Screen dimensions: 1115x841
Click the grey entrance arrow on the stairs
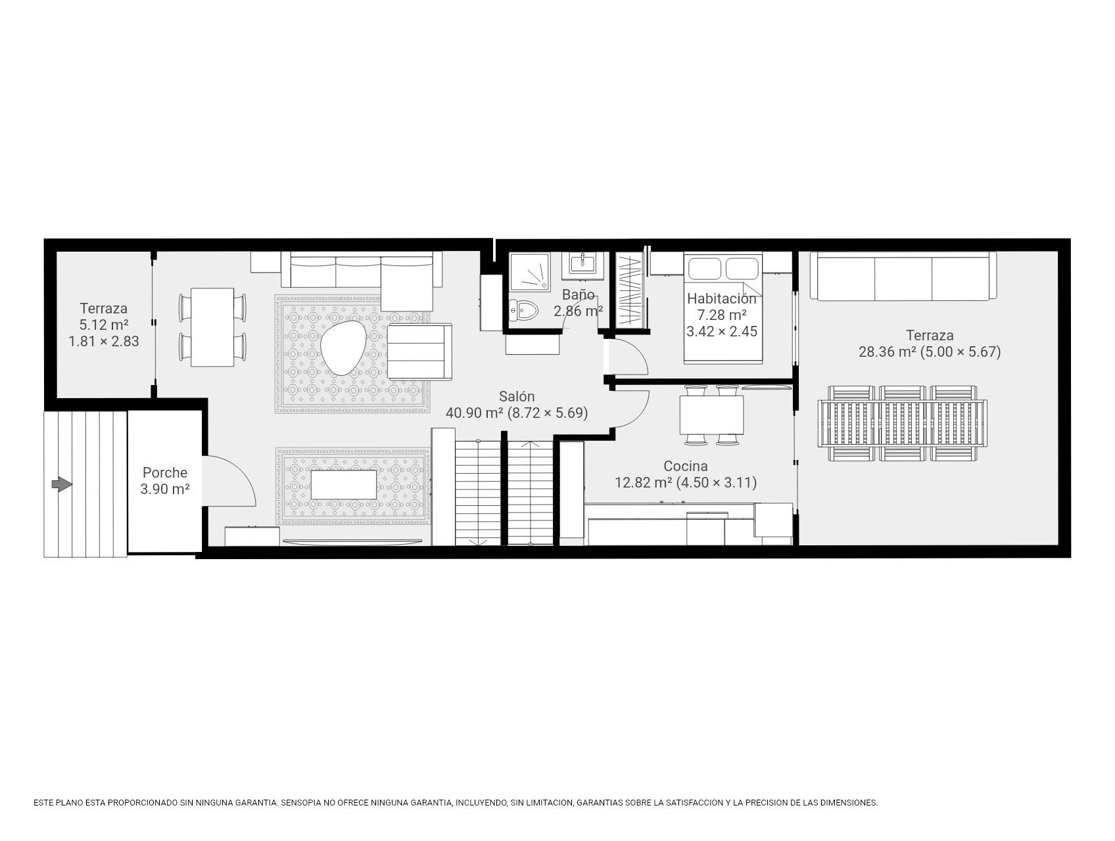[62, 485]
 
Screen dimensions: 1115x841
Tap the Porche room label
[165, 472]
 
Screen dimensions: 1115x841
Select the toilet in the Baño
[523, 309]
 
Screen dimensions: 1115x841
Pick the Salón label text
[517, 397]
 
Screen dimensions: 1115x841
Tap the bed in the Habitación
[724, 307]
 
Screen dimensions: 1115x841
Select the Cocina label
[686, 466]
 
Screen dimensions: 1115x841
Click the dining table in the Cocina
[711, 415]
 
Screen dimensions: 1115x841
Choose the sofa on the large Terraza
[903, 276]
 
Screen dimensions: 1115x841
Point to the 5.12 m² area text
[104, 325]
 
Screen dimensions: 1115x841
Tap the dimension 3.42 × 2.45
[722, 332]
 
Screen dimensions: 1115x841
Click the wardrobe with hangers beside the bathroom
[630, 290]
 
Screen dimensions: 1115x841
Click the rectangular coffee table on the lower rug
[344, 484]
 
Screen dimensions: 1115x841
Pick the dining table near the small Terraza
[212, 327]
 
